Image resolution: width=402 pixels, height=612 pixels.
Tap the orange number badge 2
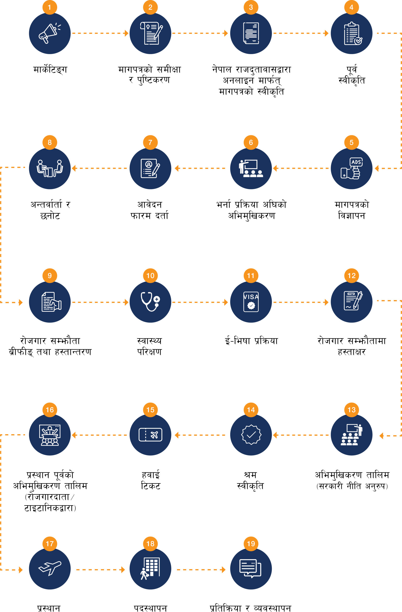[x=150, y=7]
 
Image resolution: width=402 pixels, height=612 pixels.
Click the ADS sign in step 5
[x=356, y=162]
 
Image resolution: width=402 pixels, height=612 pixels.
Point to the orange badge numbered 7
[x=150, y=142]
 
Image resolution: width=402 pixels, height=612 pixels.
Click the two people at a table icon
[x=50, y=169]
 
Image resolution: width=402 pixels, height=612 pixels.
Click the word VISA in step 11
[x=251, y=297]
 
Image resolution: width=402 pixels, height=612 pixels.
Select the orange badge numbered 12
[x=352, y=276]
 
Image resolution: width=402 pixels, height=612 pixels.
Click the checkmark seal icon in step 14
[x=251, y=435]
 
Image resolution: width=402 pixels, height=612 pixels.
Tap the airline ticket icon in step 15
[x=150, y=435]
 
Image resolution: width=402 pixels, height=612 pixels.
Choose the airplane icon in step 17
[x=50, y=568]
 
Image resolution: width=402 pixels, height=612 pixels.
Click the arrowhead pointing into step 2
[x=126, y=33]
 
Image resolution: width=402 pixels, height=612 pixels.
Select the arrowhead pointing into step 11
[x=226, y=302]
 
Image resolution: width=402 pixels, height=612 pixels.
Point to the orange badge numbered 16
[x=50, y=410]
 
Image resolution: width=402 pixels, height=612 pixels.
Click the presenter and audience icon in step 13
[x=352, y=435]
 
